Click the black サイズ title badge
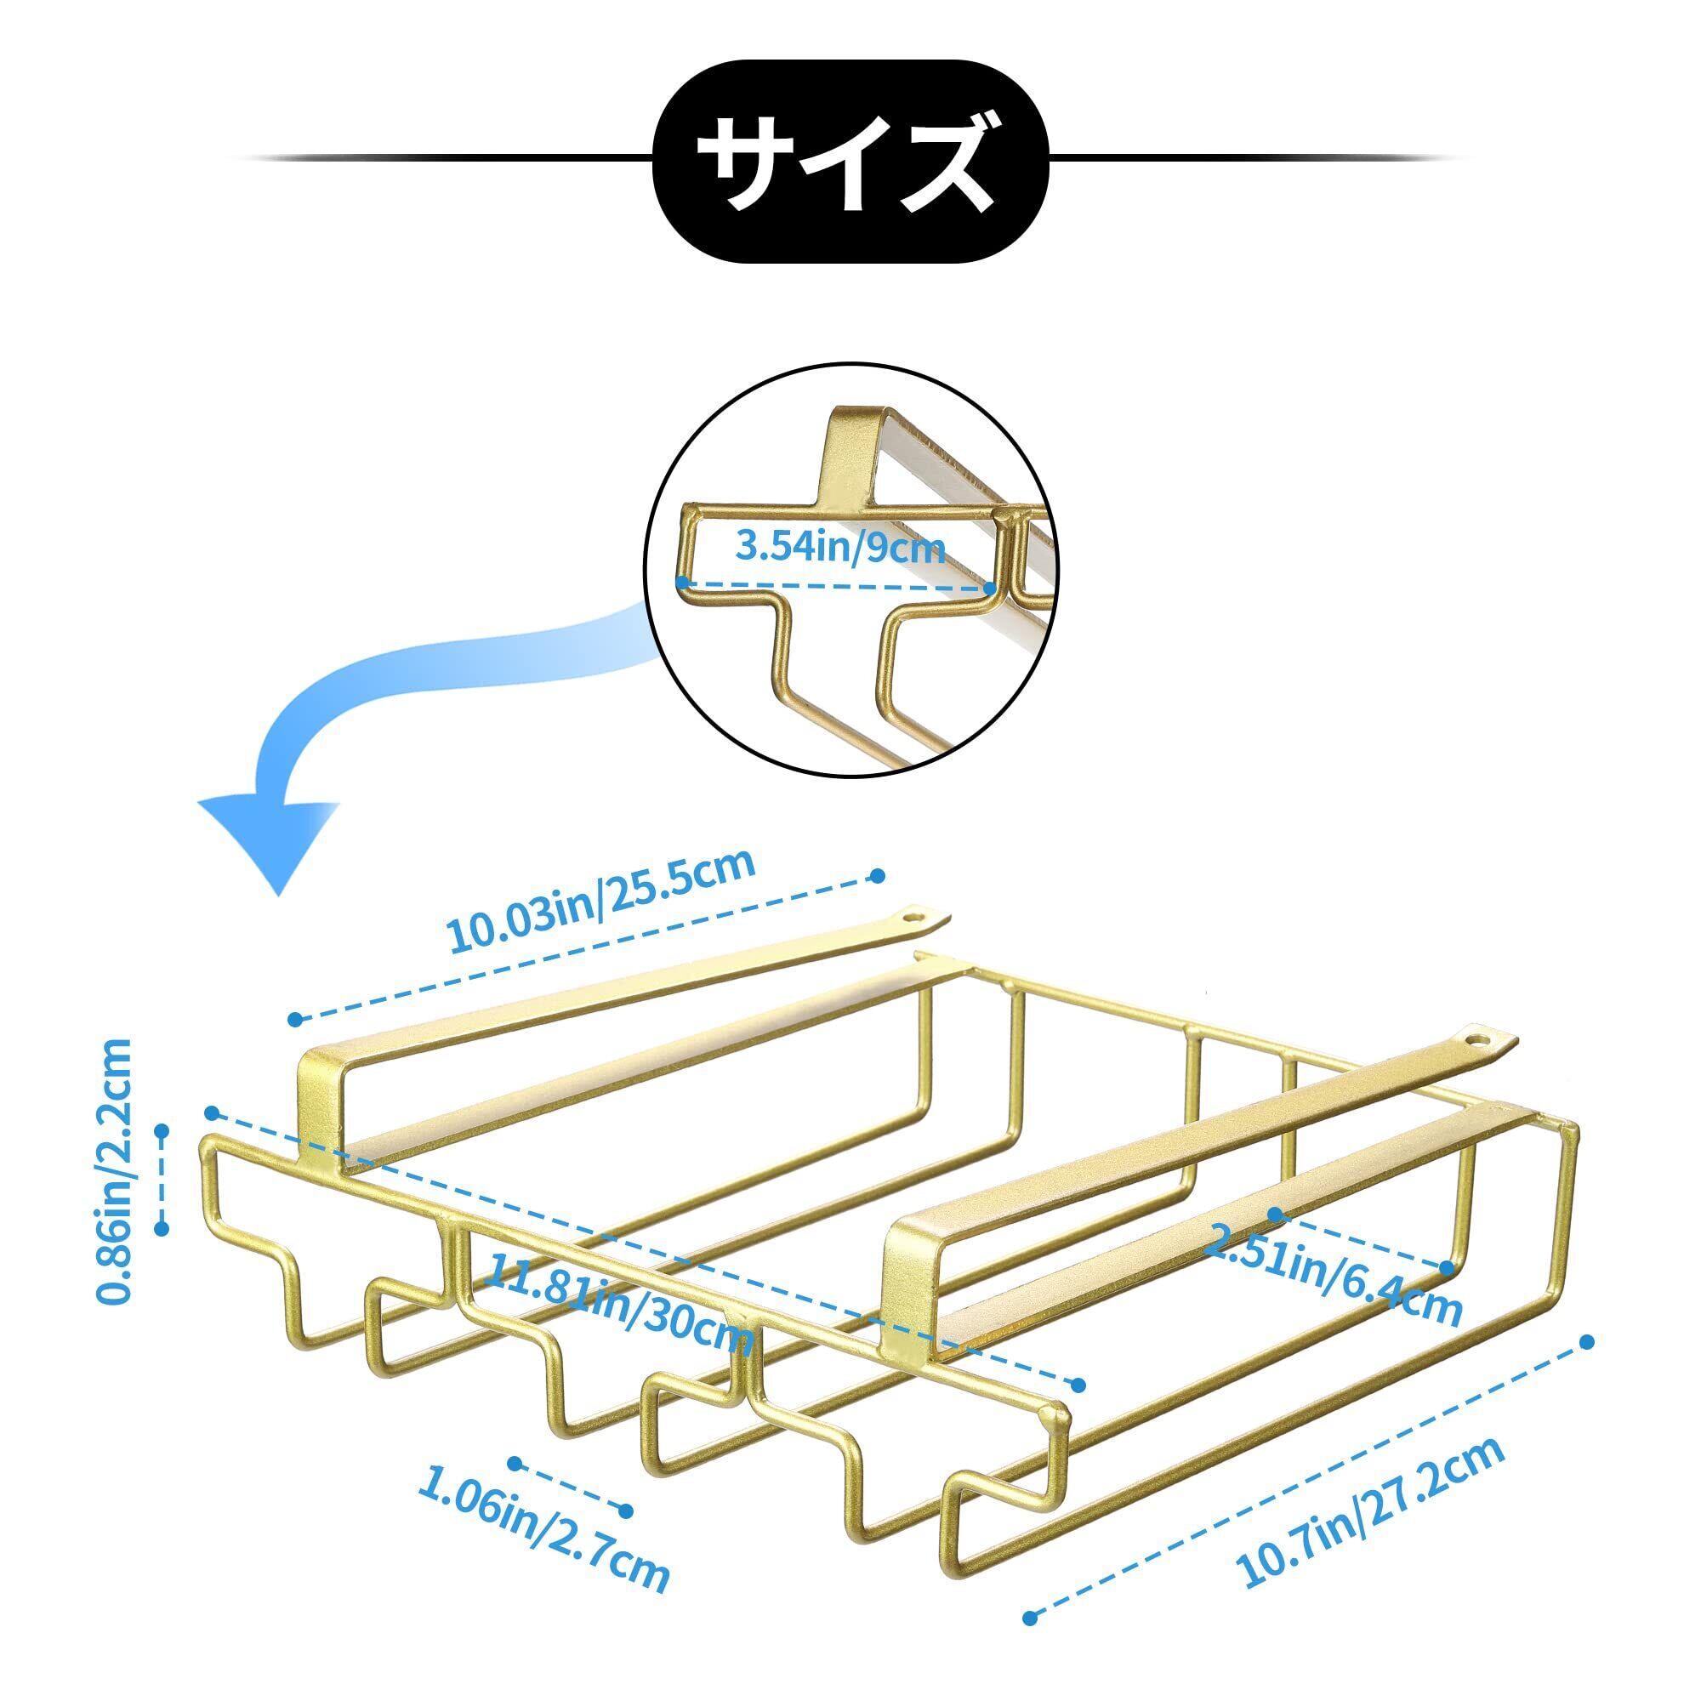tap(850, 158)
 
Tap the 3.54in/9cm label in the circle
tap(839, 548)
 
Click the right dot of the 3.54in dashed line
tap(991, 586)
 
